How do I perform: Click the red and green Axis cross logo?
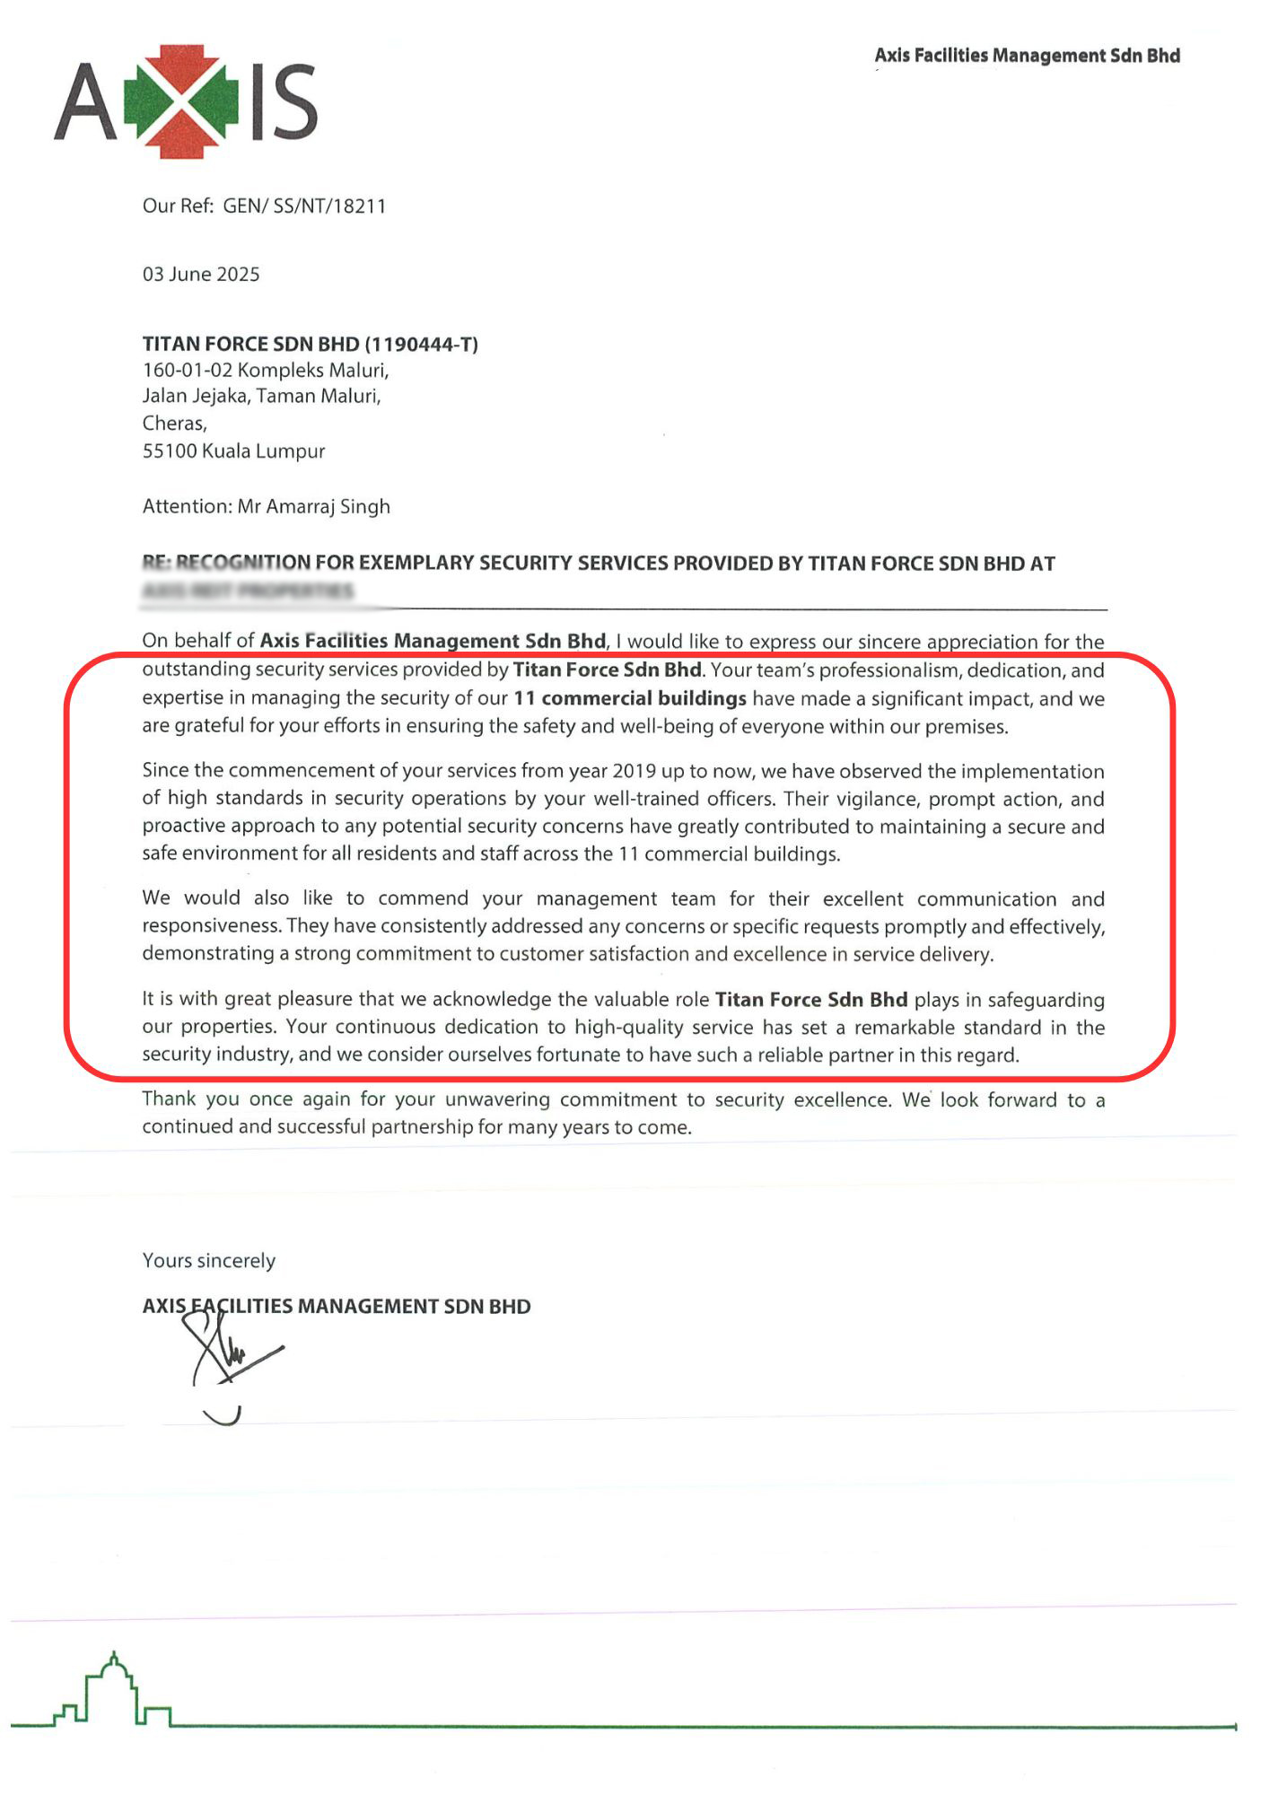coord(188,101)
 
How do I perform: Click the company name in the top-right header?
coord(1027,56)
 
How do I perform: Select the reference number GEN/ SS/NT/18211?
coord(304,206)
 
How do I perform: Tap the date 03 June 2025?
coord(201,275)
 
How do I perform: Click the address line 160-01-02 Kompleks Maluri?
coord(266,371)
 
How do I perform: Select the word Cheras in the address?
coord(173,424)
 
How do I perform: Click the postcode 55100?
coord(169,451)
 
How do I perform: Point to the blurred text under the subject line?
coord(248,591)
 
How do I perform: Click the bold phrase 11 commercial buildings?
coord(629,699)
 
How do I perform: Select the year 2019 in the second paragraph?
coord(634,772)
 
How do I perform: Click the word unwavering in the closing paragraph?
coord(499,1100)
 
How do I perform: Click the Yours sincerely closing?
coord(209,1261)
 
